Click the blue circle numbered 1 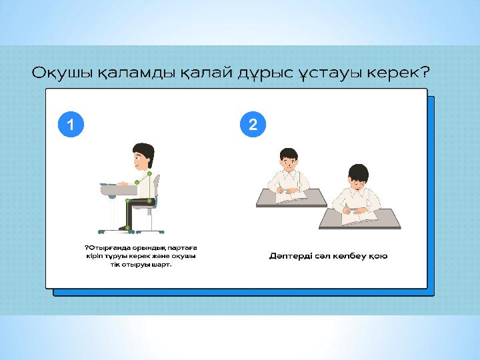71,124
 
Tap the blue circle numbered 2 253,124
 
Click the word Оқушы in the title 62,73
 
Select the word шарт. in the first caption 161,265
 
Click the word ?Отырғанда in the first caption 105,248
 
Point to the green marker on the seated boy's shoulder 149,174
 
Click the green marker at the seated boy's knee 127,201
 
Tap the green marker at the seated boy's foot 127,228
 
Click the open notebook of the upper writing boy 291,196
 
